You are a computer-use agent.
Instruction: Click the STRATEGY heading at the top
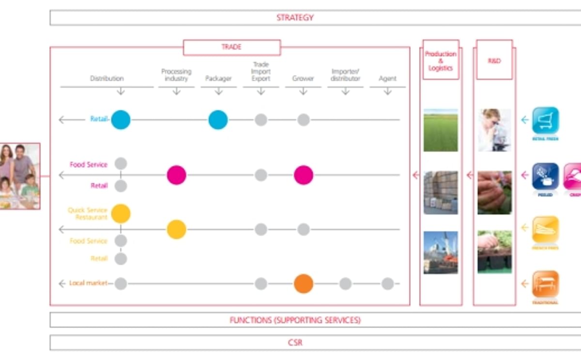click(295, 17)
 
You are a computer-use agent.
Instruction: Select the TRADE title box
click(231, 47)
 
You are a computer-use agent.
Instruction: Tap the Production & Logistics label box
click(441, 61)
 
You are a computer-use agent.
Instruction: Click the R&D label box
click(494, 61)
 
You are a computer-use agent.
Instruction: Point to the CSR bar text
click(295, 343)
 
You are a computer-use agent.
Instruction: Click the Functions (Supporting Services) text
click(295, 320)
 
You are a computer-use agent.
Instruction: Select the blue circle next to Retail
click(121, 119)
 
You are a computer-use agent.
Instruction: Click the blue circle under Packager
click(218, 119)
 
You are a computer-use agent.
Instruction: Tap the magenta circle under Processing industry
click(176, 175)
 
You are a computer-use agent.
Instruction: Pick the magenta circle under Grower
click(303, 175)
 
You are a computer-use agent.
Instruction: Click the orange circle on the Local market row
click(303, 284)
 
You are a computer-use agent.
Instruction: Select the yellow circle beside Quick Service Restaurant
click(121, 214)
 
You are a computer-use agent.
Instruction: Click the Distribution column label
click(107, 78)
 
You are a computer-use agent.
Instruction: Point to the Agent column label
click(387, 78)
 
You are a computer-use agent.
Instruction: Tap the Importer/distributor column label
click(345, 75)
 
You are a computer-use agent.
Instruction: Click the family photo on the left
click(19, 176)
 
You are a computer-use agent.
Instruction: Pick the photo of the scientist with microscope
click(494, 130)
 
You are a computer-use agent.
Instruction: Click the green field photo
click(441, 130)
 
